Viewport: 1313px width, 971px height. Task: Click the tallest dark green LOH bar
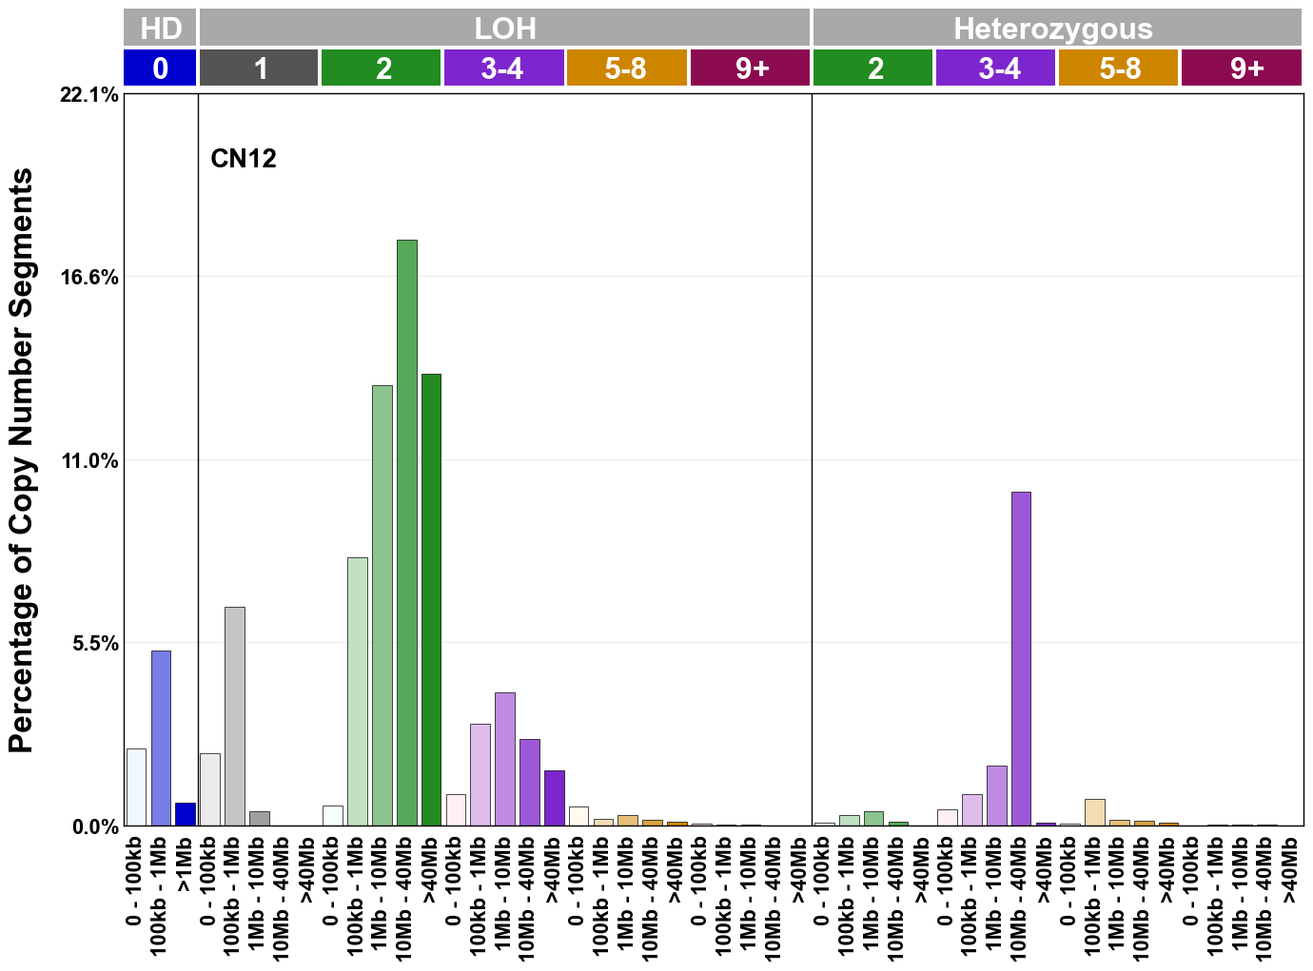(x=406, y=533)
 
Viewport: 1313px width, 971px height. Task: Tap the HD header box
(x=160, y=29)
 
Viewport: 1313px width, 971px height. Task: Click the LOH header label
(x=505, y=29)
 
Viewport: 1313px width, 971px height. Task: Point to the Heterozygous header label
(x=1053, y=29)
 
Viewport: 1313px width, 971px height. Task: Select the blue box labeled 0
(x=160, y=68)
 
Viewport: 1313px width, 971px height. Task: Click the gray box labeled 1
(x=259, y=68)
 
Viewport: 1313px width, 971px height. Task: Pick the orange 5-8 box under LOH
(x=626, y=68)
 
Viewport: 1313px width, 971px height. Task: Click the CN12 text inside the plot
(x=244, y=158)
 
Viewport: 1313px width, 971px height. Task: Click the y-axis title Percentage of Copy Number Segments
(x=21, y=460)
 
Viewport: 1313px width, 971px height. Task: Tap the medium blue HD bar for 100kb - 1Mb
(x=161, y=738)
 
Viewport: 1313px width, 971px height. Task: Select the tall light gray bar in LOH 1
(x=234, y=716)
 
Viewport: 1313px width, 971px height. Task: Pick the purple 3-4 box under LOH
(x=503, y=68)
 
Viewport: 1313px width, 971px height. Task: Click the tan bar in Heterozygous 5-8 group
(x=1094, y=812)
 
